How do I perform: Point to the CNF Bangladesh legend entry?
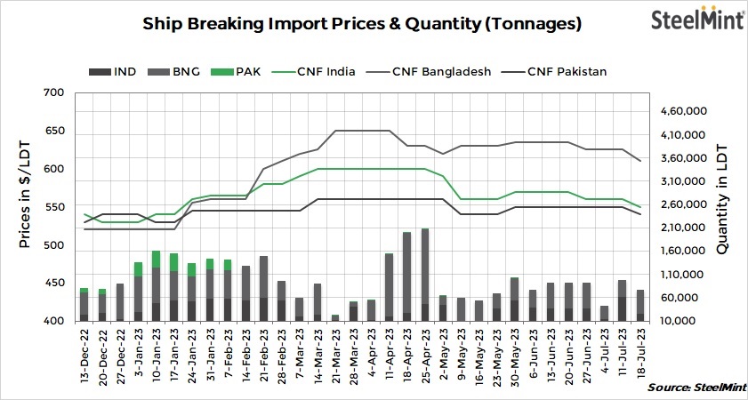[x=430, y=72]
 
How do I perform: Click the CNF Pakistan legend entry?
[x=555, y=72]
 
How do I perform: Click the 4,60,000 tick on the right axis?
[x=683, y=111]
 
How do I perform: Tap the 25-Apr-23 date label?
[x=425, y=353]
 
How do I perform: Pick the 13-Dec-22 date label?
[x=84, y=353]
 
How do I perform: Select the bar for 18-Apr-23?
[x=406, y=276]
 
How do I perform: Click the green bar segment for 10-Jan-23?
[x=157, y=259]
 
